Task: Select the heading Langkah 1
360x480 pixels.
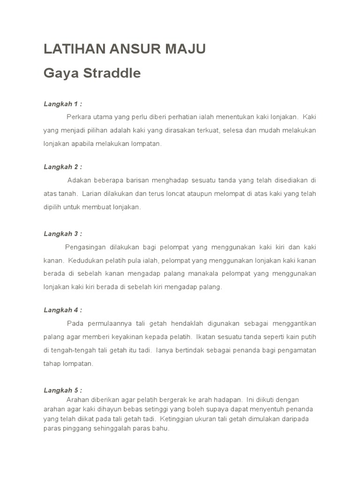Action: tap(63, 104)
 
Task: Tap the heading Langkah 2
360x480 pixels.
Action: tap(63, 167)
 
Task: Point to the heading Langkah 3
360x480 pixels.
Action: tap(63, 233)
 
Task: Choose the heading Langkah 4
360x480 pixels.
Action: tap(63, 310)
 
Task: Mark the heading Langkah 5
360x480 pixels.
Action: tap(63, 390)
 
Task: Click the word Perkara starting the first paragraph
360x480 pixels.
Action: tap(79, 117)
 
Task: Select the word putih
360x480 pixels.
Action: tap(307, 337)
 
